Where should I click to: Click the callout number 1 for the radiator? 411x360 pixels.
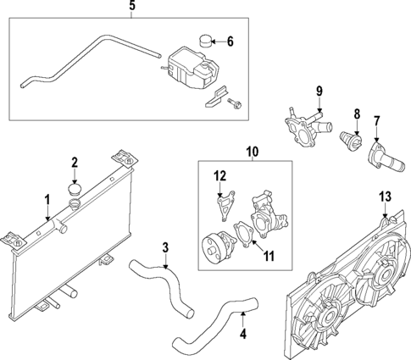(x=47, y=200)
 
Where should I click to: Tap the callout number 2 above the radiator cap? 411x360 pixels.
(x=75, y=163)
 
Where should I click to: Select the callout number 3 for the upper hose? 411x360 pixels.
(x=165, y=247)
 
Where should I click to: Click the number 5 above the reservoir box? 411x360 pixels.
(x=131, y=7)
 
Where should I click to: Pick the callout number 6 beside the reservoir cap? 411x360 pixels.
(x=230, y=40)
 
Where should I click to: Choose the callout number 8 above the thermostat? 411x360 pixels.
(x=357, y=113)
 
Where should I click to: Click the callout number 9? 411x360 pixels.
(x=319, y=91)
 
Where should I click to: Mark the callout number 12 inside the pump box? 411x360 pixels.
(x=219, y=176)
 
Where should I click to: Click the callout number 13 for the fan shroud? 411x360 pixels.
(x=385, y=197)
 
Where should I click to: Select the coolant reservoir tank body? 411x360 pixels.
(x=187, y=67)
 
